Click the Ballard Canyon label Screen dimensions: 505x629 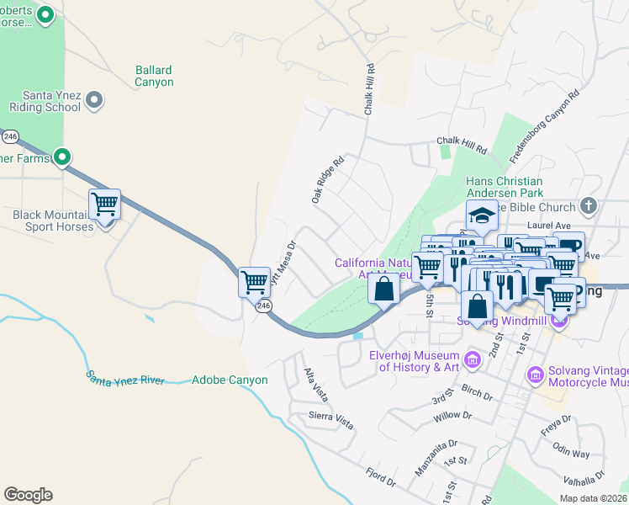pos(154,77)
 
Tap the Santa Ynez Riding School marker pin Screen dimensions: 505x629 pos(94,101)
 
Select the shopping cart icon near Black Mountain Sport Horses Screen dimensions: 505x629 pos(104,205)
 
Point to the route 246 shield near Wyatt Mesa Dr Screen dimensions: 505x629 pos(264,306)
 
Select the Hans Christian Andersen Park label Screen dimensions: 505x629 pos(515,187)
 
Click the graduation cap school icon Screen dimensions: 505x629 pos(483,216)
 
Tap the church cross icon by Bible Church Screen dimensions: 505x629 pos(589,205)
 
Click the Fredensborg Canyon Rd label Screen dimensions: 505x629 pos(545,126)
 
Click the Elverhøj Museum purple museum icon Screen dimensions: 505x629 pos(471,361)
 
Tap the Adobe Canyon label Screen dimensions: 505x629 pos(230,380)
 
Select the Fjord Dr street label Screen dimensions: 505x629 pos(380,476)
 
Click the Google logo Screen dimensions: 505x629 pos(28,495)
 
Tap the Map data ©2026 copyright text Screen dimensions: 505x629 pos(593,498)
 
